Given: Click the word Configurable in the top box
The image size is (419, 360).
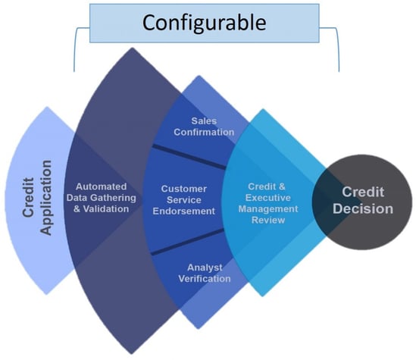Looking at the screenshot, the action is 204,23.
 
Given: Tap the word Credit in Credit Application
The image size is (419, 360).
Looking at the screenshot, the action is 28,197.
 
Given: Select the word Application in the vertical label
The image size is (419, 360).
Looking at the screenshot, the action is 45,198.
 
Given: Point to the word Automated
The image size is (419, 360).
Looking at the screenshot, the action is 101,186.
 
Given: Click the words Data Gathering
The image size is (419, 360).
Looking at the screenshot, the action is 102,198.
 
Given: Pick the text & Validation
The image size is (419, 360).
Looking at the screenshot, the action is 102,208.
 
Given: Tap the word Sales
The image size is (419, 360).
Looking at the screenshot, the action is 204,121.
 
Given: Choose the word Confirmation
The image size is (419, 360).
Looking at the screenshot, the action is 204,132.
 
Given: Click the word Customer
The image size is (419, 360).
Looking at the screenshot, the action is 184,189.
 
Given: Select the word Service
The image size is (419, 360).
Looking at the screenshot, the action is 184,200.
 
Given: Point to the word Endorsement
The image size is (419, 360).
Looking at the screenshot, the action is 184,211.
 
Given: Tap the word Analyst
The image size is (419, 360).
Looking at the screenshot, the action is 205,268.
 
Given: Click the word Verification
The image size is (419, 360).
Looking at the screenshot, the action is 205,279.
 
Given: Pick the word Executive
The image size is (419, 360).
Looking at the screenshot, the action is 268,198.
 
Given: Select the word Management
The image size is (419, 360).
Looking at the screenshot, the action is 268,208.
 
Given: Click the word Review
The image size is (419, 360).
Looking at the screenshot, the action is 268,220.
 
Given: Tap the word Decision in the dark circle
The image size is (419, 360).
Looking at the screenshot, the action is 363,208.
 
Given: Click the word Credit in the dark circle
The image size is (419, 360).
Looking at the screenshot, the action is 363,192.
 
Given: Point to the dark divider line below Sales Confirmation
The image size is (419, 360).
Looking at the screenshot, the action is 189,156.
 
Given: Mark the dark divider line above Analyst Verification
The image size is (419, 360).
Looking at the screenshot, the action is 188,242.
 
